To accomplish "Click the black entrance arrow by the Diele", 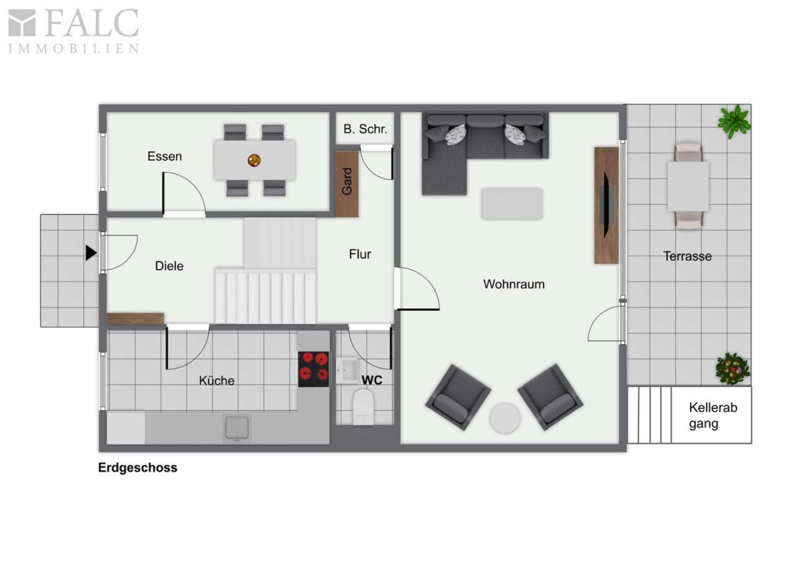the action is (91, 253).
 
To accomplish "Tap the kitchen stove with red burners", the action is (313, 369).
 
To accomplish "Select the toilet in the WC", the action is (364, 407).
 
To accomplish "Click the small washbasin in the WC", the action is (347, 371).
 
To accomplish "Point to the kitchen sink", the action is (237, 428).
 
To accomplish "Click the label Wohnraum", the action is (514, 284).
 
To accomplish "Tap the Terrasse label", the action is (687, 256).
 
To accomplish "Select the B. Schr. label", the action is (365, 129).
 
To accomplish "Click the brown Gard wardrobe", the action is (347, 184).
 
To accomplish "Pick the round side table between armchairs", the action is (505, 419).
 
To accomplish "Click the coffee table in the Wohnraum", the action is (512, 204).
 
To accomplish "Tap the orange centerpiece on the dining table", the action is (254, 160).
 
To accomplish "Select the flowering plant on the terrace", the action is (733, 369).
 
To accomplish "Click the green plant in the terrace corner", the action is (734, 121).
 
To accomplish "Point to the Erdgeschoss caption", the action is (138, 468).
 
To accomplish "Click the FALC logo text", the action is (91, 24).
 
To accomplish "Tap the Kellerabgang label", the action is (713, 415).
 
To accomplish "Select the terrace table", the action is (688, 186).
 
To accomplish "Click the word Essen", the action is (164, 156).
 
